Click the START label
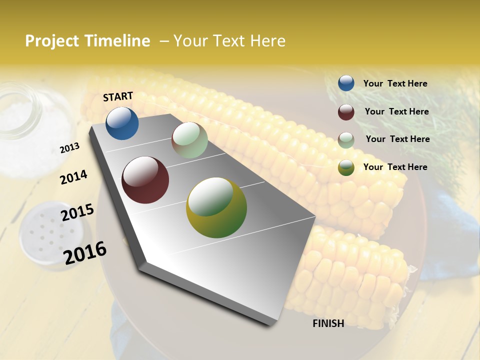click(x=118, y=96)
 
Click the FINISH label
click(x=328, y=323)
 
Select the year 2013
click(x=69, y=148)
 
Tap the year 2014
click(x=73, y=177)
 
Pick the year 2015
click(x=77, y=212)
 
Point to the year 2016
click(x=85, y=252)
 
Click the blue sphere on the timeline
click(x=122, y=123)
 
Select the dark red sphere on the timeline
click(x=145, y=180)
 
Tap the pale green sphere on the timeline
click(x=189, y=140)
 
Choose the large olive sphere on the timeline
click(x=216, y=207)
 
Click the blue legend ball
click(x=346, y=83)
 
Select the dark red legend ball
click(x=346, y=112)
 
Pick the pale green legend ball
click(x=346, y=140)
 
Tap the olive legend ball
click(x=346, y=167)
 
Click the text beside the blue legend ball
click(x=395, y=84)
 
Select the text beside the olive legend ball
click(x=395, y=167)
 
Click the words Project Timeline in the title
click(x=87, y=41)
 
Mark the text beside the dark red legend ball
click(x=396, y=111)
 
